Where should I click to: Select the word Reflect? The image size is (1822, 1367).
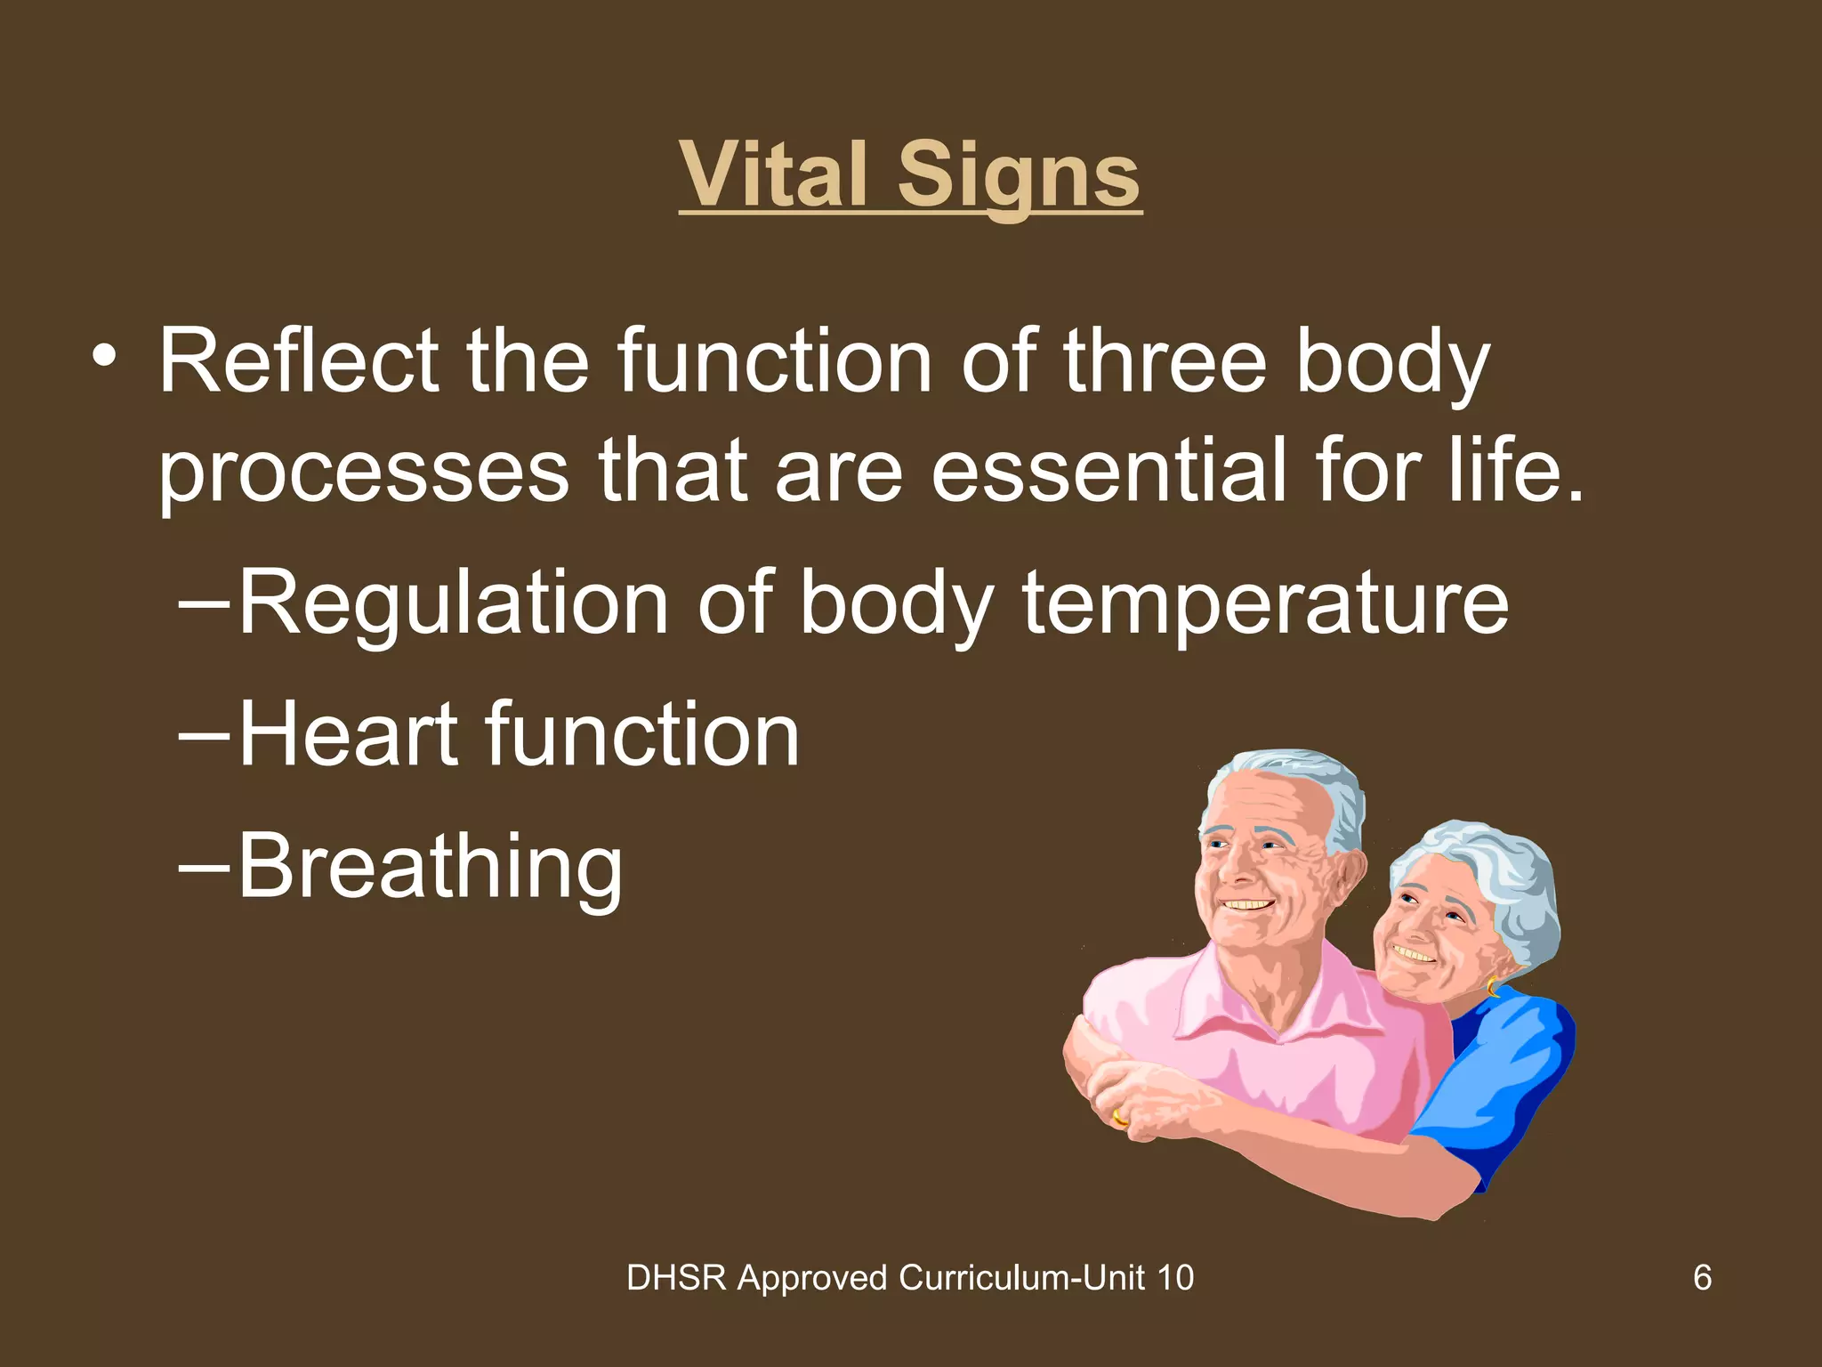pos(298,361)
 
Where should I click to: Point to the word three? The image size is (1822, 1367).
pos(1165,361)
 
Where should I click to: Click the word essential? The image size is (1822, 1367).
pos(1109,471)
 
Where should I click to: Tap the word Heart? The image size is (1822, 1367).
pos(349,735)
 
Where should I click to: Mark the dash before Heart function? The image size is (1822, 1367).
pos(204,737)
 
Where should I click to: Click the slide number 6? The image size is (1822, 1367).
pos(1702,1278)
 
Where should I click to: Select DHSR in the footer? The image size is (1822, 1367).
pos(676,1278)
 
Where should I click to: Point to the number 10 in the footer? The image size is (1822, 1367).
pos(1175,1278)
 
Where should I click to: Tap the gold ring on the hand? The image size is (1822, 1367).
pos(1119,1117)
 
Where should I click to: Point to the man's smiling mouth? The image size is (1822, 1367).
pos(1246,905)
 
